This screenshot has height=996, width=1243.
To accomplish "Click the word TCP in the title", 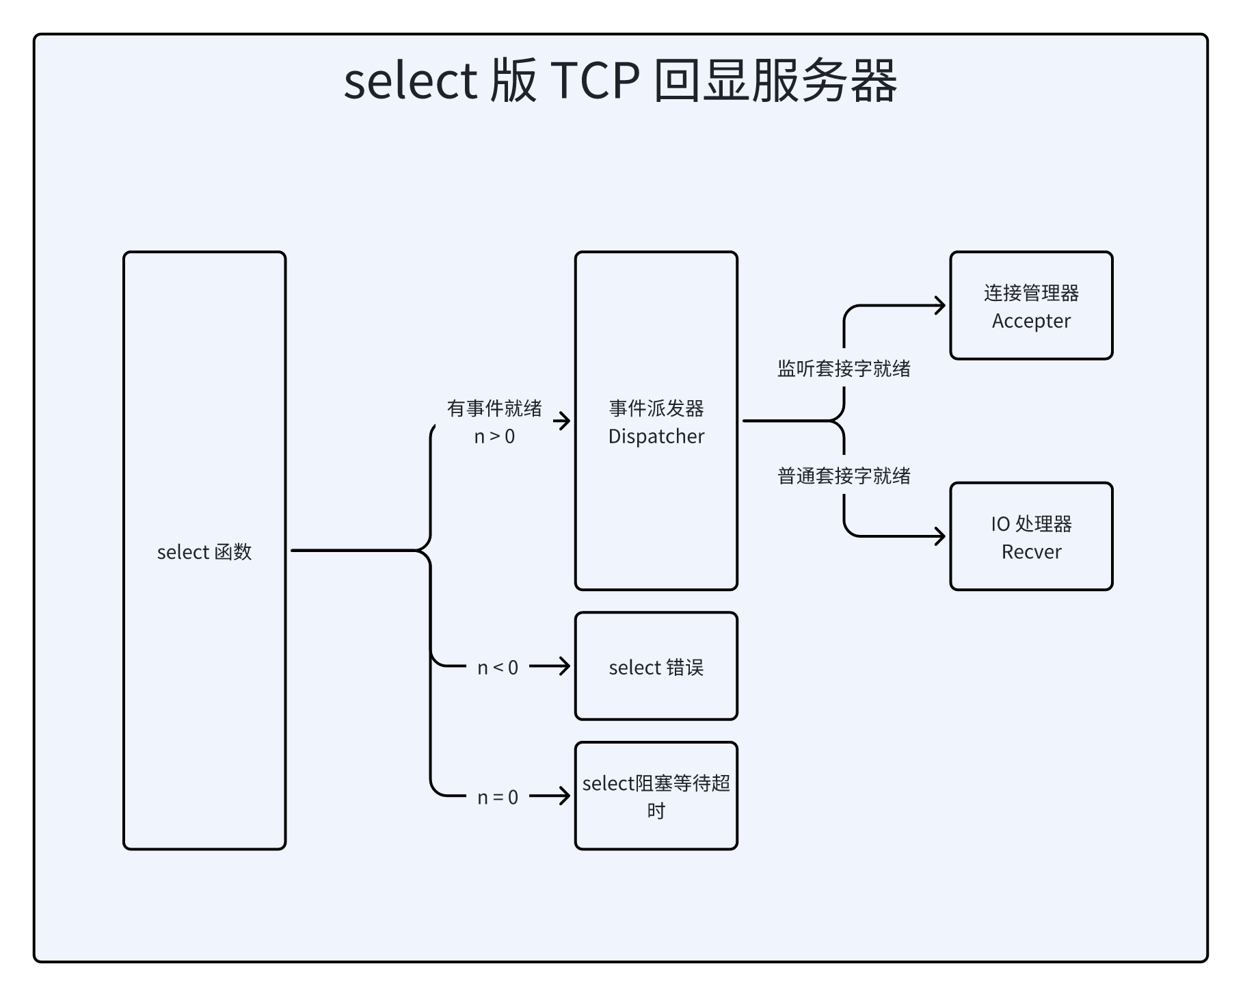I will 594,81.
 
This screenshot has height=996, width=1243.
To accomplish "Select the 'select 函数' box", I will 204,551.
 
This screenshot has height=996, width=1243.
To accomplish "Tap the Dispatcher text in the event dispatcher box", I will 656,436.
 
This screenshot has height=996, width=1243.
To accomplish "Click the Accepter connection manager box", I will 1031,306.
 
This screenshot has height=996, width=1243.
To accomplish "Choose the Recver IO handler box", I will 1031,537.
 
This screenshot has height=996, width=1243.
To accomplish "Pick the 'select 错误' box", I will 656,667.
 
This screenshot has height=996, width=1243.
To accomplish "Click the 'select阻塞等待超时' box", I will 656,796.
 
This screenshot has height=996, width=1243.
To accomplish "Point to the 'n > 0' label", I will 494,436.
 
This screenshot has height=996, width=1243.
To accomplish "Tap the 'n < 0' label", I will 498,668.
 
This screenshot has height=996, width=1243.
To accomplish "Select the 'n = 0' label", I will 498,798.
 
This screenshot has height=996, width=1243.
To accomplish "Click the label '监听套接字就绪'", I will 844,369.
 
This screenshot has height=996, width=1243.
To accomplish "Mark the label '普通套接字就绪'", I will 844,476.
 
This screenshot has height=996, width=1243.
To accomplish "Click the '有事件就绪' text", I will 494,408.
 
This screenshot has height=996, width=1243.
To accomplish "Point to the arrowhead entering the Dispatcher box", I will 565,421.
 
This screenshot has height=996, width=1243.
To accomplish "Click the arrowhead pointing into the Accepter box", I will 941,305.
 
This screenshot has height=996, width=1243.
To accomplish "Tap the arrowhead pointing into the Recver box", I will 941,536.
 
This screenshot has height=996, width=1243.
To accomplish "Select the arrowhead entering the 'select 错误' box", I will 565,666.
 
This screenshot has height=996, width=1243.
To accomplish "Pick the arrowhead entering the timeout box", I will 565,796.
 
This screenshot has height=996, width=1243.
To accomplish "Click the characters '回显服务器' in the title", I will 775,81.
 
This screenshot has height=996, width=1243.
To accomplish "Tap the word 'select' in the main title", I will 410,81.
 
